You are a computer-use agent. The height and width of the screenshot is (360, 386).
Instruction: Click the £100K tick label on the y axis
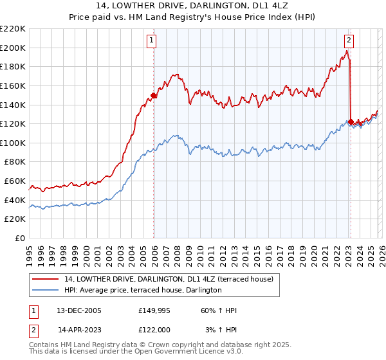(13, 143)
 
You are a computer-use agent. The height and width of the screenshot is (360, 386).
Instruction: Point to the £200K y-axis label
(13, 48)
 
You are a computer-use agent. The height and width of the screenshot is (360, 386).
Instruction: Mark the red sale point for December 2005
(154, 96)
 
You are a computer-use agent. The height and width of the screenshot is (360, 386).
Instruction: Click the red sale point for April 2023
(351, 122)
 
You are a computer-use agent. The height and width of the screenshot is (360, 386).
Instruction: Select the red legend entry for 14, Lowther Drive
(169, 279)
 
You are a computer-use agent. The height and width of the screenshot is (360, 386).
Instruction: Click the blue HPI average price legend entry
(143, 291)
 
